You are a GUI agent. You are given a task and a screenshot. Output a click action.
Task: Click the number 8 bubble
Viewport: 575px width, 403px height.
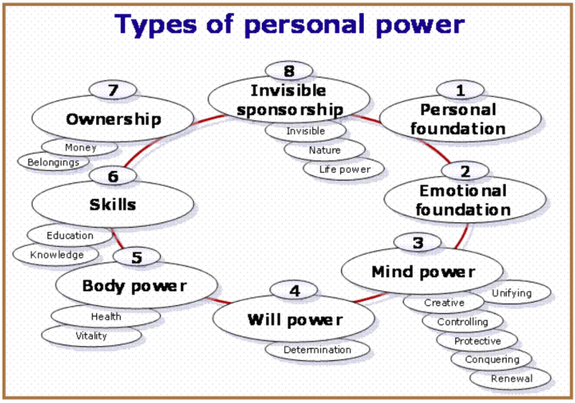pyautogui.click(x=288, y=71)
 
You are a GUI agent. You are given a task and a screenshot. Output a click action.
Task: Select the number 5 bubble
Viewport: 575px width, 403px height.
pyautogui.click(x=136, y=257)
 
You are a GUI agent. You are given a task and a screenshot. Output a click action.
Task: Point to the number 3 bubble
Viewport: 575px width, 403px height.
pyautogui.click(x=418, y=243)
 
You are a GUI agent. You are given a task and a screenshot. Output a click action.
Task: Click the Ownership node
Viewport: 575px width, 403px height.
pyautogui.click(x=113, y=119)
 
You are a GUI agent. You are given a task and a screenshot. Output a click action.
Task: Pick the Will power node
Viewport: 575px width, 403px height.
pyautogui.click(x=295, y=320)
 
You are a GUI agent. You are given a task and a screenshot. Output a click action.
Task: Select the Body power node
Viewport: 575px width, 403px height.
pyautogui.click(x=136, y=286)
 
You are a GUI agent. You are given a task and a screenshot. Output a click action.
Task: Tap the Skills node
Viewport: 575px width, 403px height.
pyautogui.click(x=113, y=204)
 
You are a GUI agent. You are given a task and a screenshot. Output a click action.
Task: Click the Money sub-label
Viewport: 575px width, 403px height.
pyautogui.click(x=80, y=148)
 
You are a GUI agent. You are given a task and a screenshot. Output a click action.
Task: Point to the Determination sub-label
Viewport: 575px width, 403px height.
pyautogui.click(x=317, y=350)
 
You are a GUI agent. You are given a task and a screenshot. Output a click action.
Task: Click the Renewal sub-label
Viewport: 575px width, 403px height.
pyautogui.click(x=511, y=379)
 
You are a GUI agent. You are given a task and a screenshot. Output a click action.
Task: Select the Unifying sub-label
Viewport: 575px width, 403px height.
pyautogui.click(x=511, y=293)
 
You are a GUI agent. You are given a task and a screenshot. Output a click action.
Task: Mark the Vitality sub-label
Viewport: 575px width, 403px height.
pyautogui.click(x=91, y=336)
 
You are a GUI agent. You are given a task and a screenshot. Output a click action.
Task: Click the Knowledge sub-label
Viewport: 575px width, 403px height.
pyautogui.click(x=57, y=255)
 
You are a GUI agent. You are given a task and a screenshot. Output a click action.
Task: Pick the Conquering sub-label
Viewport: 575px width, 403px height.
pyautogui.click(x=492, y=359)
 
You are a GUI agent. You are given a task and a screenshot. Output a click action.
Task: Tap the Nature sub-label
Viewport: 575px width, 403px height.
pyautogui.click(x=324, y=151)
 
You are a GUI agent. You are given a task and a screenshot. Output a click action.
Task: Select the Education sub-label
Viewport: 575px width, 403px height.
pyautogui.click(x=70, y=236)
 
